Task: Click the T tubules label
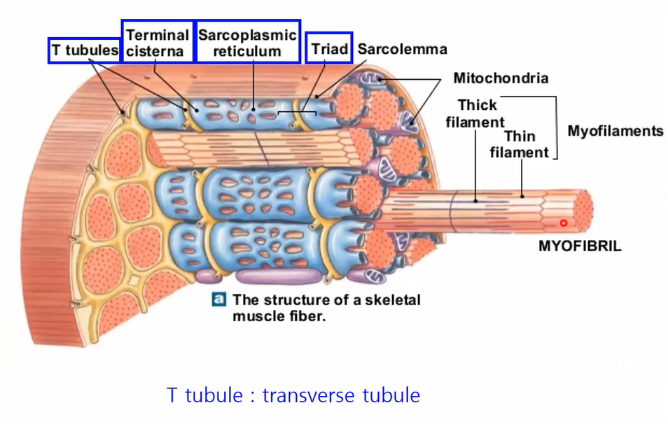83,50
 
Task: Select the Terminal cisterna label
158,42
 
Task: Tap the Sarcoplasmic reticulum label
247,42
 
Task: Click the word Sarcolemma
402,50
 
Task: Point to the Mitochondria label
501,78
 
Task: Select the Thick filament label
477,113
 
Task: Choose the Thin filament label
519,143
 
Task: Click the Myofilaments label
615,131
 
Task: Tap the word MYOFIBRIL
579,246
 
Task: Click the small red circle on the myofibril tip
563,222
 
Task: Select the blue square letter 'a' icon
219,299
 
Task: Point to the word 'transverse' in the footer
306,395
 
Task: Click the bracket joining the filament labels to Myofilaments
556,126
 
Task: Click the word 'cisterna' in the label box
155,51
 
